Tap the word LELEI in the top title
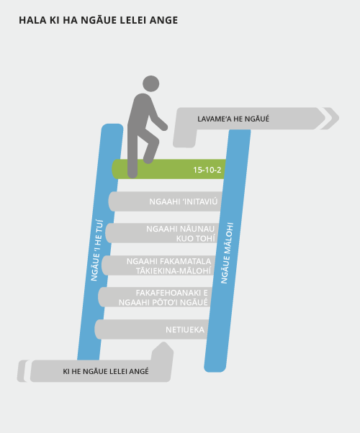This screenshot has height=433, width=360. coord(131,20)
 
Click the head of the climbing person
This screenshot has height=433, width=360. coord(151,83)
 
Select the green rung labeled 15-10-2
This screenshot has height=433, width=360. coord(169,169)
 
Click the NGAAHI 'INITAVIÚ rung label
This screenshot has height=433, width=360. coord(184,201)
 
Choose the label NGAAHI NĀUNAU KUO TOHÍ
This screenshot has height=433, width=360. coord(181,234)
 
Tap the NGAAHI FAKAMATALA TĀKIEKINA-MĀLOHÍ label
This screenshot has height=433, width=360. coord(169,266)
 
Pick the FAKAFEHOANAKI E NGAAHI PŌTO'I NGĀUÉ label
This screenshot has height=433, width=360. coord(163,297)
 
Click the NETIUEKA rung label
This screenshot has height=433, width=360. coord(185,329)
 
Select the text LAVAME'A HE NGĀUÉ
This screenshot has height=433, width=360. coord(233,119)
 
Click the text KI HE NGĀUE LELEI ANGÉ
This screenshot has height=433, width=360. coord(106,371)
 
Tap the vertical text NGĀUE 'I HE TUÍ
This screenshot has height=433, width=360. coord(97,250)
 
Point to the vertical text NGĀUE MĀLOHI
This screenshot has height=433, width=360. coord(227,252)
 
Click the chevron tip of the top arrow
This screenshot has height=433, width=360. coord(338,118)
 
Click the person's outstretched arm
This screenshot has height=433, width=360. coord(158,117)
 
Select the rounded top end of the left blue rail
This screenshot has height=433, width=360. coord(112,128)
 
